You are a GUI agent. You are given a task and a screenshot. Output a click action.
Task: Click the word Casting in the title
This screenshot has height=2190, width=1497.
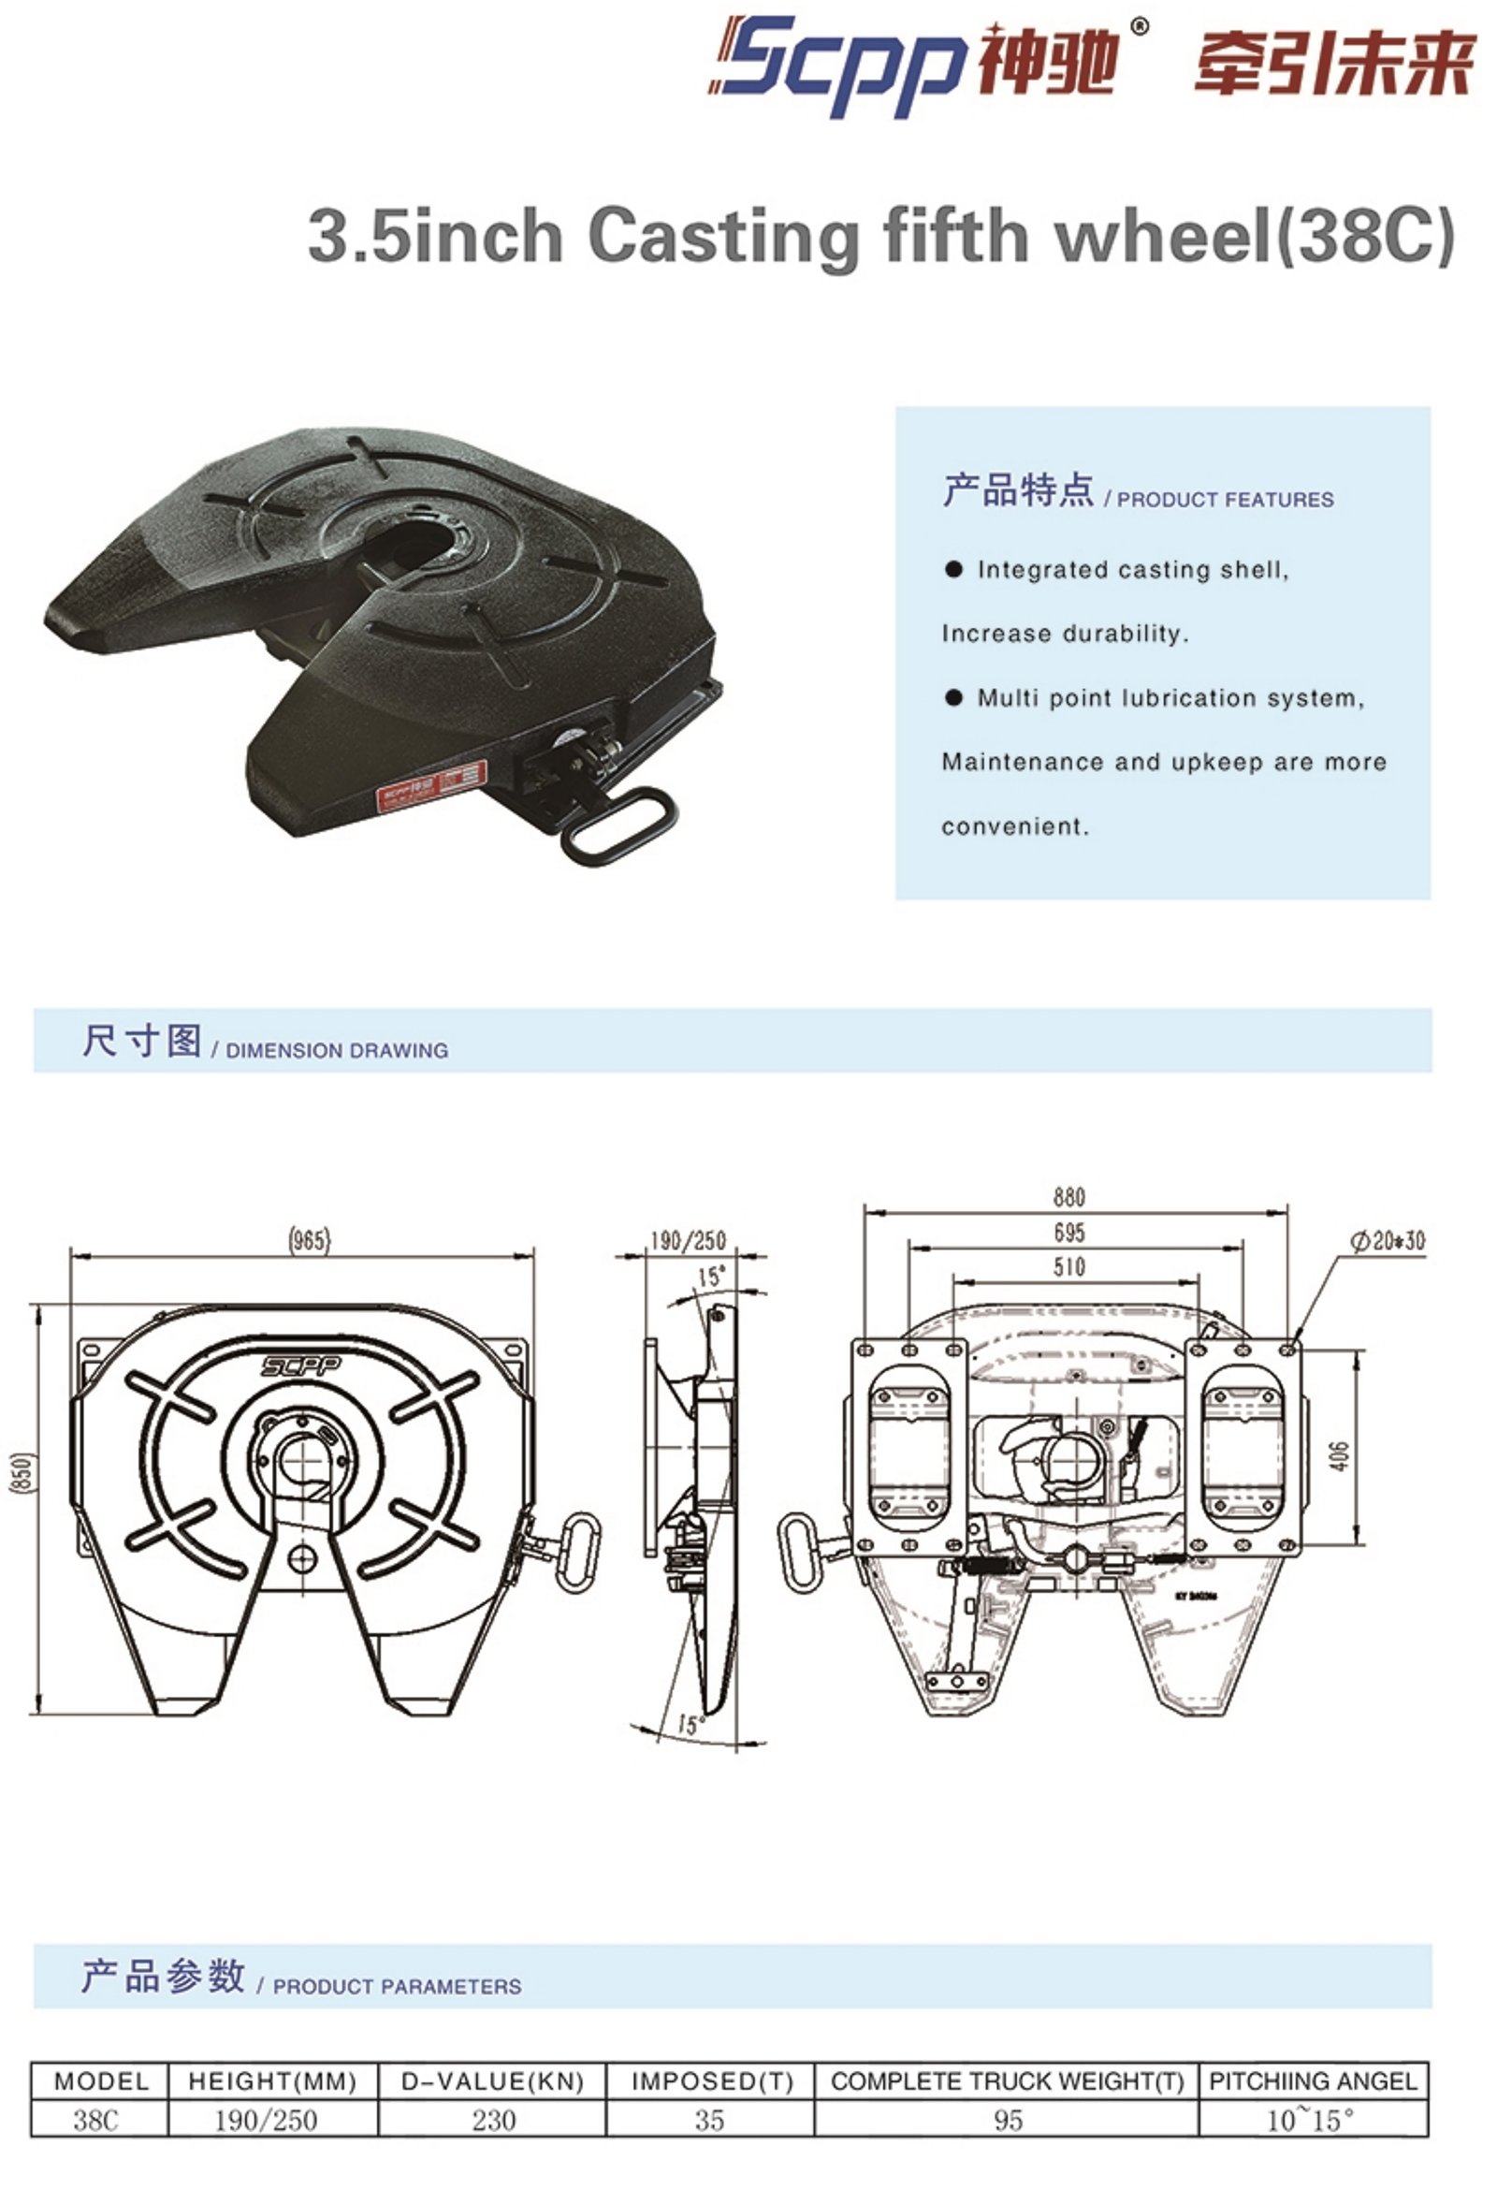coord(722,237)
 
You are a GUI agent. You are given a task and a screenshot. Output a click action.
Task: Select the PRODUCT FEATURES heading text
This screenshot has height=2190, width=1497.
coord(1225,500)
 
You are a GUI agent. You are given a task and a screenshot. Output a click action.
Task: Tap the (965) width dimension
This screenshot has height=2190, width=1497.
coord(309,1240)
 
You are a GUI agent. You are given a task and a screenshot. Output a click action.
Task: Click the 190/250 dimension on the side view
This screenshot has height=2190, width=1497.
coord(688,1240)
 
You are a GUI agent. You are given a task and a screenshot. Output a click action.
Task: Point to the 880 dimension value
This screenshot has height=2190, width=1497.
coord(1069,1197)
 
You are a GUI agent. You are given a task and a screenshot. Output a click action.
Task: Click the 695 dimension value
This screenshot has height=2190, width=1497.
coord(1069,1232)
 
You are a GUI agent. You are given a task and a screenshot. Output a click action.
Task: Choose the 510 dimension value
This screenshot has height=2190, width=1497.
coord(1069,1266)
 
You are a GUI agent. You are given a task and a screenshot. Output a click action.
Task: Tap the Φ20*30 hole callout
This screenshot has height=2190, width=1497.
coord(1388,1241)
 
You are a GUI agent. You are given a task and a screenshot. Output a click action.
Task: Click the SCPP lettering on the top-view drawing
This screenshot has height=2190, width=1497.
coord(301,1365)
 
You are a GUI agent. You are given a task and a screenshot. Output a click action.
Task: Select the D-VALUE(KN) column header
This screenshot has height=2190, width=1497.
coord(493,2080)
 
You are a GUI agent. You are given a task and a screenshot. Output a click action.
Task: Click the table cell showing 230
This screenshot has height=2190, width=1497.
coord(494,2119)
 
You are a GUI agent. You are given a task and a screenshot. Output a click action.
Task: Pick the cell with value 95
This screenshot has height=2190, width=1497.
coord(1008,2119)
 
